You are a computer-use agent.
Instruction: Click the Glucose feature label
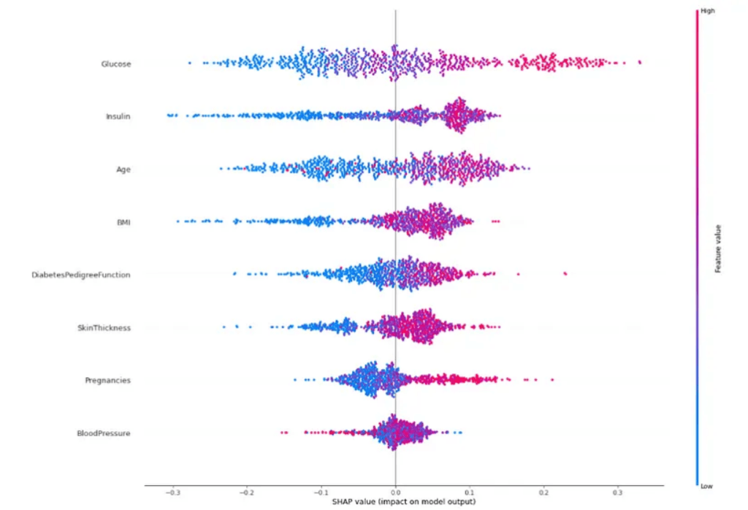click(x=116, y=64)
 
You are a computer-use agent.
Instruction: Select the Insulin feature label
click(x=118, y=116)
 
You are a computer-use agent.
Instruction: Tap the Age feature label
click(x=123, y=170)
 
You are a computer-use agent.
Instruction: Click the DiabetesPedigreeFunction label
click(x=80, y=275)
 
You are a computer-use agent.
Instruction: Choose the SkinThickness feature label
click(x=104, y=328)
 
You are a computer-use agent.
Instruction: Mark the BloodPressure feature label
click(x=104, y=433)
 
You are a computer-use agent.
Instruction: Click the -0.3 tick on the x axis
click(x=172, y=492)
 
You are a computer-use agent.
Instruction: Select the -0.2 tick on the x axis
click(x=247, y=492)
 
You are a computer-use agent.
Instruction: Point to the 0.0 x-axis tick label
click(x=395, y=492)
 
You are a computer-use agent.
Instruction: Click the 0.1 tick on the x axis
click(x=470, y=492)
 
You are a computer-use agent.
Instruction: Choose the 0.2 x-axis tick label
click(x=543, y=492)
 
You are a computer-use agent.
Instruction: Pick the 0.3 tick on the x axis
click(x=618, y=492)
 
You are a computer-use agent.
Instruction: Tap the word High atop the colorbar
click(x=707, y=11)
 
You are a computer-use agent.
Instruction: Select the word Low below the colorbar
click(x=707, y=485)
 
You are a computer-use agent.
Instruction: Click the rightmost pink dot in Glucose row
click(x=640, y=63)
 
